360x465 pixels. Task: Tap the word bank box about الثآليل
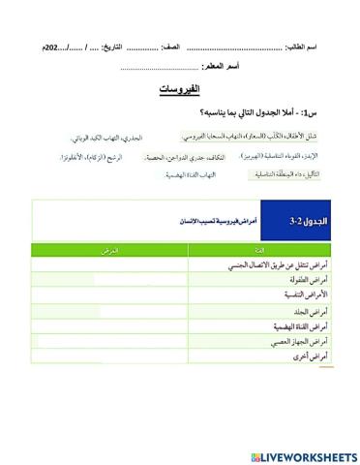pos(285,174)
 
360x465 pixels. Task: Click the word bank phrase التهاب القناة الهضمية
pos(190,174)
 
